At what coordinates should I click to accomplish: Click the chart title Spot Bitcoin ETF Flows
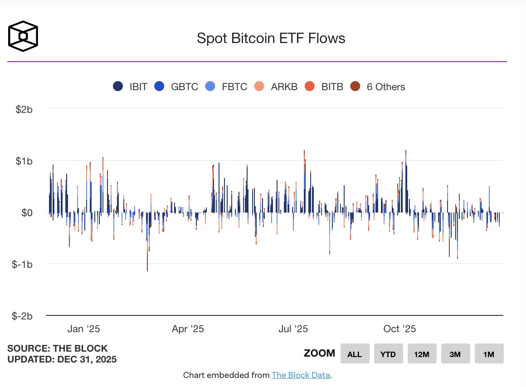[271, 38]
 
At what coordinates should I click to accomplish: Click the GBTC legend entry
[176, 87]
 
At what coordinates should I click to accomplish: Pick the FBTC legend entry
[227, 87]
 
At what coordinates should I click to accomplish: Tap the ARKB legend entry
[277, 87]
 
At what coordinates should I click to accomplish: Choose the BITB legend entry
[325, 87]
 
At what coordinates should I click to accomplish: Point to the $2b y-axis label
[24, 109]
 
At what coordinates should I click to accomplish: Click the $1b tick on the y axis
[24, 161]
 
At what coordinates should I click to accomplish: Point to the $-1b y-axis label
[22, 264]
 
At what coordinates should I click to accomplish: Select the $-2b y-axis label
[22, 316]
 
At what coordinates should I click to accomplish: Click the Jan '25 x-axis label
[83, 329]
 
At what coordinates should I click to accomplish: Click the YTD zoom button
[388, 354]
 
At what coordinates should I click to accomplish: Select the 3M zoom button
[455, 354]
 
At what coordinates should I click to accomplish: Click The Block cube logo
[23, 35]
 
